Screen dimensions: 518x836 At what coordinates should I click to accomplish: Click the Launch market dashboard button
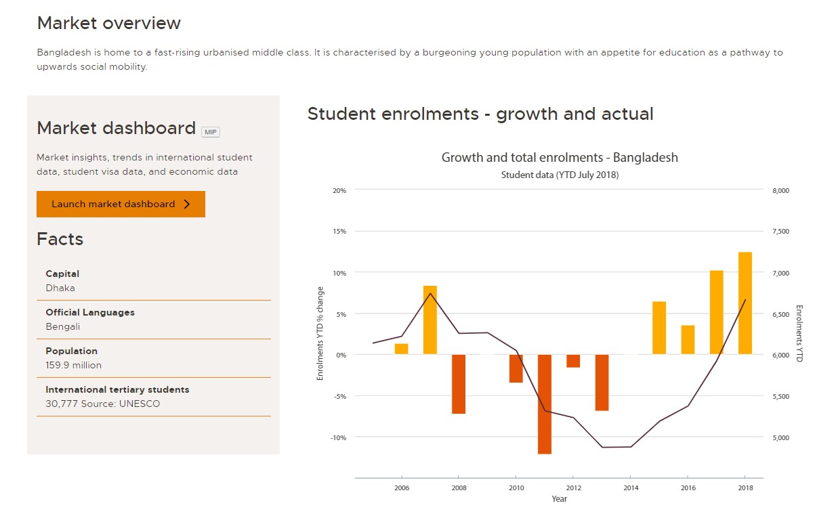point(121,204)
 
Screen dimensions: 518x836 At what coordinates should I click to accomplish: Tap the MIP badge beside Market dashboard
point(210,132)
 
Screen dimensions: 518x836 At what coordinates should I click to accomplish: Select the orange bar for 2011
point(545,404)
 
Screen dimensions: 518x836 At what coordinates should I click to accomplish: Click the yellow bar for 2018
point(745,303)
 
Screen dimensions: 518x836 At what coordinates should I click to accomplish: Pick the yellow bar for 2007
point(430,320)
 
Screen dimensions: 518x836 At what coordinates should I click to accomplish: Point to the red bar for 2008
point(459,383)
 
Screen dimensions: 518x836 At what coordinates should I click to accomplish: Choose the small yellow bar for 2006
point(401,349)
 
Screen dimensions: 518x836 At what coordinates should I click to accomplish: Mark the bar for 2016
point(688,339)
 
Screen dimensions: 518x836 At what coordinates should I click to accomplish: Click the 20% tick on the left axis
point(339,190)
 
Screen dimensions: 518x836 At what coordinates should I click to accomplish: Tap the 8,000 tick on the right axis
point(780,190)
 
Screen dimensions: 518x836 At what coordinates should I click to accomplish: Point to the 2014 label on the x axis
point(631,488)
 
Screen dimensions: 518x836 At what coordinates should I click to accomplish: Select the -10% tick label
point(338,437)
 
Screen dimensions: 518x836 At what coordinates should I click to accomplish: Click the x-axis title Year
point(559,499)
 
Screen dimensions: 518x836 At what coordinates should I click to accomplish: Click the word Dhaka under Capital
point(60,288)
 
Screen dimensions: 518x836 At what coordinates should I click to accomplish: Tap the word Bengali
point(63,326)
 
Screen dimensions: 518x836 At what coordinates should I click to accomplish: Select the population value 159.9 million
point(73,365)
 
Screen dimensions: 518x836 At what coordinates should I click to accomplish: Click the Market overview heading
point(109,23)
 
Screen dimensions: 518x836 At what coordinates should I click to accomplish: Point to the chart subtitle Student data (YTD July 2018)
point(560,175)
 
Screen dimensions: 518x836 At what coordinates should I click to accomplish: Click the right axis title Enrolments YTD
point(799,333)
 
